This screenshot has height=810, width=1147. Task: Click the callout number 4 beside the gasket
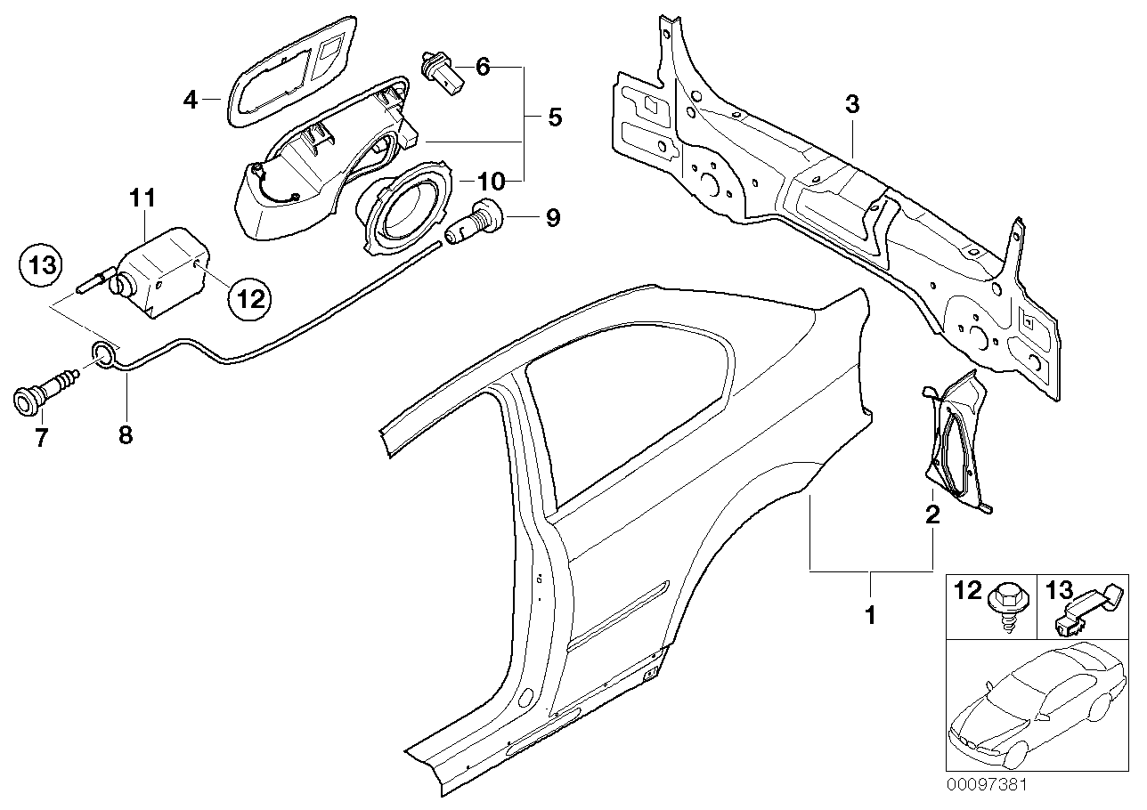[x=190, y=100]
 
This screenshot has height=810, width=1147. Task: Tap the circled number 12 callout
[x=250, y=299]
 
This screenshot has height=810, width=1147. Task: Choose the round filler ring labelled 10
[x=404, y=207]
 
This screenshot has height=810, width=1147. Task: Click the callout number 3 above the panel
[x=852, y=105]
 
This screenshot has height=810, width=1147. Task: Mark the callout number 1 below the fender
[x=870, y=613]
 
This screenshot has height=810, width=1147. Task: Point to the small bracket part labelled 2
[x=957, y=445]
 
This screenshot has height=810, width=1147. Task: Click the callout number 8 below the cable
[x=125, y=435]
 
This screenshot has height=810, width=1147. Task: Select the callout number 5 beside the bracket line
[x=554, y=117]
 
